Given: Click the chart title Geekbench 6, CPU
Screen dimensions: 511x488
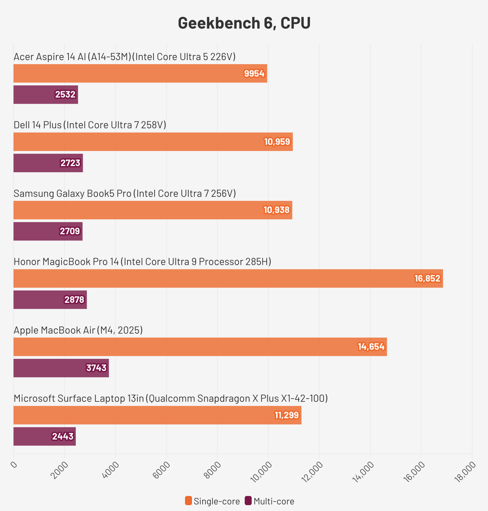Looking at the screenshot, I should tap(244, 23).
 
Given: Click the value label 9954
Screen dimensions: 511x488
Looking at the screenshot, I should tap(254, 74).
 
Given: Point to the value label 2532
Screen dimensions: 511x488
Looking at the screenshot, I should tap(65, 95).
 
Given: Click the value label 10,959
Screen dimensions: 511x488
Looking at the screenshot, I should tap(277, 142).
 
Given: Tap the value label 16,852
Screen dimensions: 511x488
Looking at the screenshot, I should tap(427, 279).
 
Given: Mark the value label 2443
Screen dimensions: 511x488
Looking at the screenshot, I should tap(63, 437).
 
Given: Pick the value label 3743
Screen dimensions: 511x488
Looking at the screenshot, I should tap(96, 368).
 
